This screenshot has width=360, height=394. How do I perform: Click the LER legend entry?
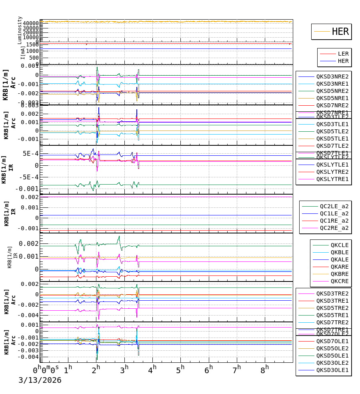coord(343,54)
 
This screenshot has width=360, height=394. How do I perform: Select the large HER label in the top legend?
coord(340,32)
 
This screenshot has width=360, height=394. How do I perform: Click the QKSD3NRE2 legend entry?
coord(332,76)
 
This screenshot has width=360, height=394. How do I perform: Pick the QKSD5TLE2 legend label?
coord(332,131)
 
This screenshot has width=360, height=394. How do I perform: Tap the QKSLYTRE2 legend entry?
coord(332,172)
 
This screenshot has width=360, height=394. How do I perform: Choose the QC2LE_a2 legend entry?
coord(334,206)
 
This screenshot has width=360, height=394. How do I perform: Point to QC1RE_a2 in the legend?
coord(334,221)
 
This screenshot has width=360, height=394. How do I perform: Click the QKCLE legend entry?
coord(339,245)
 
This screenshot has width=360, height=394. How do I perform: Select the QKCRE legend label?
coord(339,281)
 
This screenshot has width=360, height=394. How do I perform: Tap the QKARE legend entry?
coord(339,267)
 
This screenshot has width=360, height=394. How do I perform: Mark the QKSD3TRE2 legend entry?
coord(332,293)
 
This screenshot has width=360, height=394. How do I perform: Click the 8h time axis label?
coord(265,369)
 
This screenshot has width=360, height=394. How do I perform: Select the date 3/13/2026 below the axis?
coord(40,380)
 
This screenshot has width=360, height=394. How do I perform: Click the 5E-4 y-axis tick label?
coord(30,153)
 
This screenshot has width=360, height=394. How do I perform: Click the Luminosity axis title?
coord(20,30)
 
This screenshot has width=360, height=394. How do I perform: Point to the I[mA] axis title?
coord(23,52)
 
